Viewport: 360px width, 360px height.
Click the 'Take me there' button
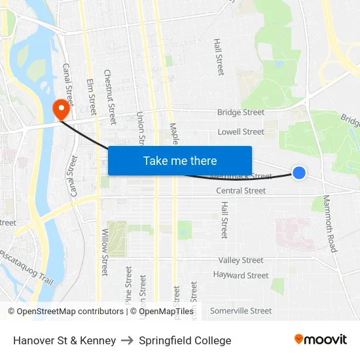click(180, 160)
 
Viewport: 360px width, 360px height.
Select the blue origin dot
click(299, 173)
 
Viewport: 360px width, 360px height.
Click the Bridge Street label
click(241, 113)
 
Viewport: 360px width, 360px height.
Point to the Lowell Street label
click(241, 132)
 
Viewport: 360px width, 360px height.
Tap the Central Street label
click(241, 190)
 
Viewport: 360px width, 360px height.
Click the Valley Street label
click(241, 261)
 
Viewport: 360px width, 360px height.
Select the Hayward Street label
click(241, 276)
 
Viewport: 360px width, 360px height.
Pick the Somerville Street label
click(241, 311)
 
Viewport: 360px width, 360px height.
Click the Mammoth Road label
click(329, 223)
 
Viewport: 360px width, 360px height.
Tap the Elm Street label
click(91, 97)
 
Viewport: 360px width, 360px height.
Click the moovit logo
click(321, 340)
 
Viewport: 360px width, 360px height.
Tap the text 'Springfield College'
click(185, 340)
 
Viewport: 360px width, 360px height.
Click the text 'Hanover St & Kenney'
click(64, 340)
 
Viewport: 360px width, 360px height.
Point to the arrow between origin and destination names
click(127, 340)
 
